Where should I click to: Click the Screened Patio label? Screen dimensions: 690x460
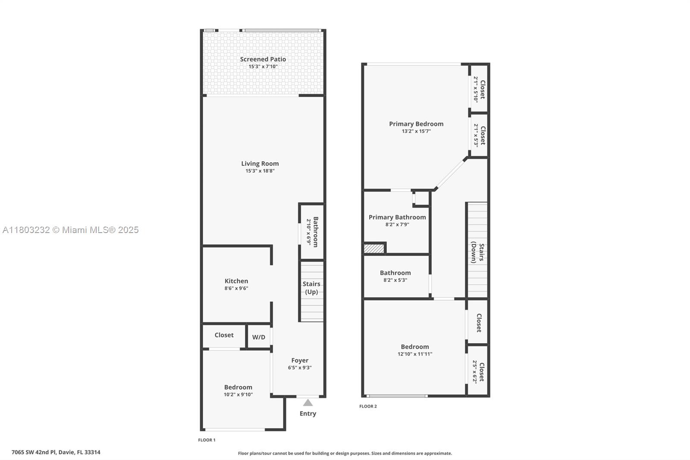(263, 59)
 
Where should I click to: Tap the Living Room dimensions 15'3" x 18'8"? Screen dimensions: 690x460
(260, 171)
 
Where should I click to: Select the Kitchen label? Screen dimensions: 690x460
(236, 281)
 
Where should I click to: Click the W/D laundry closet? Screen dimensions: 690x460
(259, 336)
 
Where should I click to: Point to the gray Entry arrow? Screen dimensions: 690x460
(308, 403)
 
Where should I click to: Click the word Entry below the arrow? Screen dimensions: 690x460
(308, 414)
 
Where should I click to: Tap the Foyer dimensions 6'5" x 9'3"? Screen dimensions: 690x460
(300, 368)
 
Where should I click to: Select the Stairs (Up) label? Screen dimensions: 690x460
(311, 288)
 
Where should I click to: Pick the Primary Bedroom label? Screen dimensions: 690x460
(416, 124)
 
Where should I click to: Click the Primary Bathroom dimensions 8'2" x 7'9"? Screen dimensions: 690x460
(397, 224)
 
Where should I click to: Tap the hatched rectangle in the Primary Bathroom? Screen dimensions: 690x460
(374, 249)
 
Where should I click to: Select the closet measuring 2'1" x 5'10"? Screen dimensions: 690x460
(479, 89)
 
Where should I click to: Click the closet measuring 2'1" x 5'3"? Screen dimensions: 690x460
(479, 135)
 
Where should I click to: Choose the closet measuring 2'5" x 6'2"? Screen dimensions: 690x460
(478, 371)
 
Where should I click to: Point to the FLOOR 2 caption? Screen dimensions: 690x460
(368, 406)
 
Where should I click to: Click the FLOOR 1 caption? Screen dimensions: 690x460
(207, 440)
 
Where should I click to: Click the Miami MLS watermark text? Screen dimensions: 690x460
(71, 230)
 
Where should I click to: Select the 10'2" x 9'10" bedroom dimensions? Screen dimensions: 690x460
(238, 394)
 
